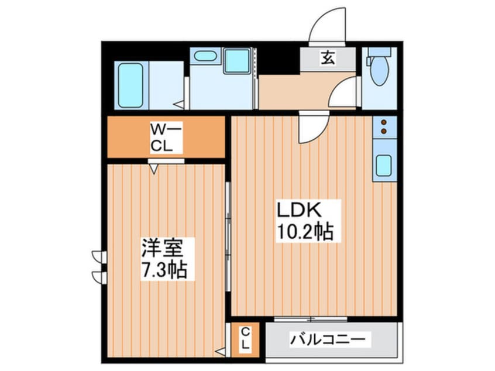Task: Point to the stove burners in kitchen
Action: click(384, 127)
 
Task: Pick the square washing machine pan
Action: click(238, 61)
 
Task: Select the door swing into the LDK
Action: click(307, 127)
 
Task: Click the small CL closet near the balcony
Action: click(246, 339)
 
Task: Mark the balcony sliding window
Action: click(311, 318)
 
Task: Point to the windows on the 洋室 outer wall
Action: click(98, 265)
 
